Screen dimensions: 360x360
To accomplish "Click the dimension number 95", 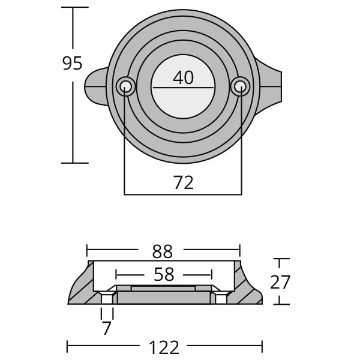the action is [x=72, y=63].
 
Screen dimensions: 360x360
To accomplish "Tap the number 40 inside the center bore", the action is [x=183, y=77].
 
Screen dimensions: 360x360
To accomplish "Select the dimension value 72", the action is [x=183, y=182].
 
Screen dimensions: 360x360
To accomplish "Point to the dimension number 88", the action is [x=163, y=251].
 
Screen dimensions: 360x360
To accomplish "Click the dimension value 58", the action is [x=164, y=275].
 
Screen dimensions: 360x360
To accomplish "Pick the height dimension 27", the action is [x=280, y=282].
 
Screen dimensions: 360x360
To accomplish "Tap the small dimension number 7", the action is [x=107, y=328].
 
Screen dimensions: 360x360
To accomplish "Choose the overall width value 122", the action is [x=164, y=347].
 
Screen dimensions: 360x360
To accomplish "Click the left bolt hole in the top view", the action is [x=125, y=86].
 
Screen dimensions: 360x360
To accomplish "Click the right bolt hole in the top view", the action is [x=240, y=86].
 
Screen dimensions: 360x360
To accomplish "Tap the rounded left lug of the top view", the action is [x=96, y=87].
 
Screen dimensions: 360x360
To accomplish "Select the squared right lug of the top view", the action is [x=269, y=86].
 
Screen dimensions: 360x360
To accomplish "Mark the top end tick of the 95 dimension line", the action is [x=75, y=7].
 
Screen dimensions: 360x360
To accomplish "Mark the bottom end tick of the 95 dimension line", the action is [x=75, y=163].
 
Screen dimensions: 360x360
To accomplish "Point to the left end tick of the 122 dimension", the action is [x=67, y=347].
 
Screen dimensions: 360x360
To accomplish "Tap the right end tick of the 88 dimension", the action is [x=240, y=250].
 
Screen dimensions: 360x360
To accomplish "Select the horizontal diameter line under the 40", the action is [x=183, y=88].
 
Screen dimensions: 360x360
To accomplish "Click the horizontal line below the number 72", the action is [x=183, y=194].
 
